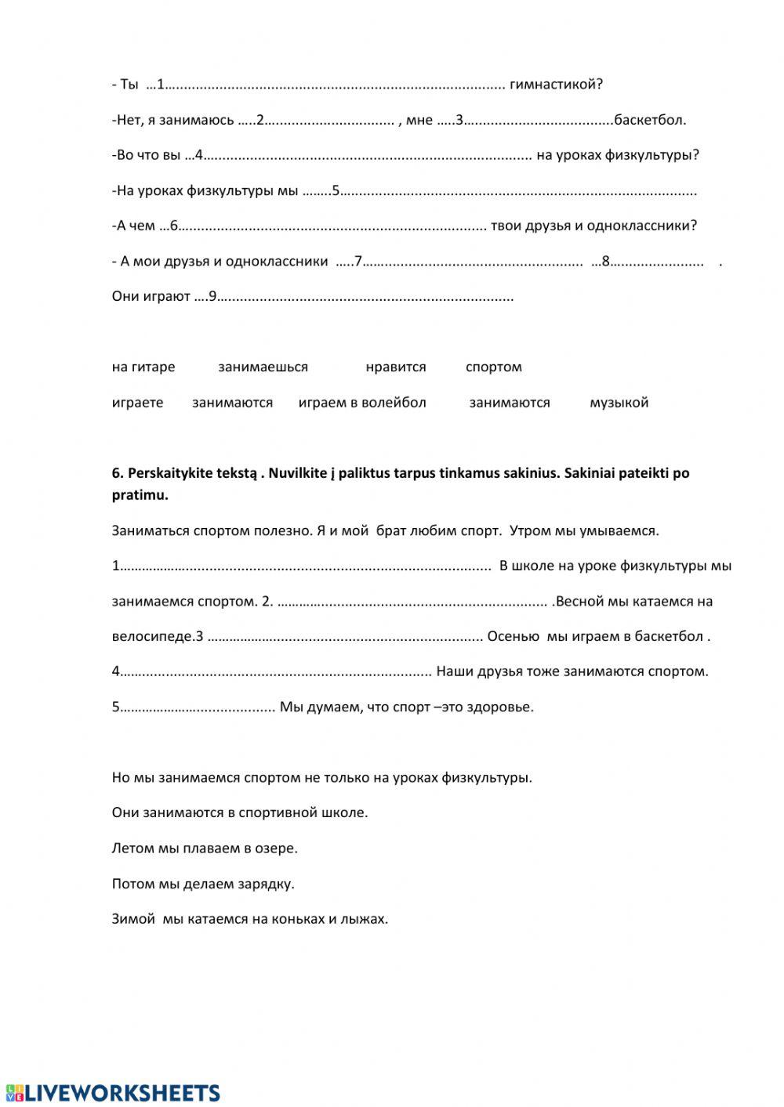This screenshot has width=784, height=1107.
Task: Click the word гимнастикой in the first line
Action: (556, 85)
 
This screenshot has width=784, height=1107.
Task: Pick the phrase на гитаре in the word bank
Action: (143, 367)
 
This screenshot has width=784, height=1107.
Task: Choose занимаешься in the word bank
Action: (263, 367)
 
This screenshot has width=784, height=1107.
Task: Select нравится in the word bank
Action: (396, 367)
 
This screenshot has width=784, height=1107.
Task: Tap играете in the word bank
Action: (138, 403)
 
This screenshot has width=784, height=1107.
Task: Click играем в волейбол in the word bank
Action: (362, 403)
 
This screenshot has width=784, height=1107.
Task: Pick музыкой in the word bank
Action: (619, 403)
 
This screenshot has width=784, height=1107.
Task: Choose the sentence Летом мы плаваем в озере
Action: (205, 848)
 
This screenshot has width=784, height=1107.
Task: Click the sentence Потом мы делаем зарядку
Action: (203, 884)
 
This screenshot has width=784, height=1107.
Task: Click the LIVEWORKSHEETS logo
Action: (112, 1093)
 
